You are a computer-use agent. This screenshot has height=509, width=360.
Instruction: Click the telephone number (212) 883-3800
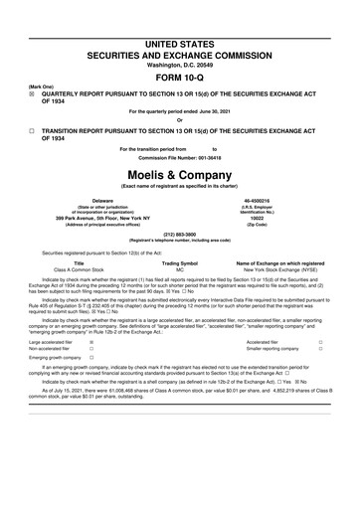tap(180, 235)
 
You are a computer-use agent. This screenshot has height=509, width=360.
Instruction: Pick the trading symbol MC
tap(180, 269)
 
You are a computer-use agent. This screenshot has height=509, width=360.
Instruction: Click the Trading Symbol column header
tap(180, 262)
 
